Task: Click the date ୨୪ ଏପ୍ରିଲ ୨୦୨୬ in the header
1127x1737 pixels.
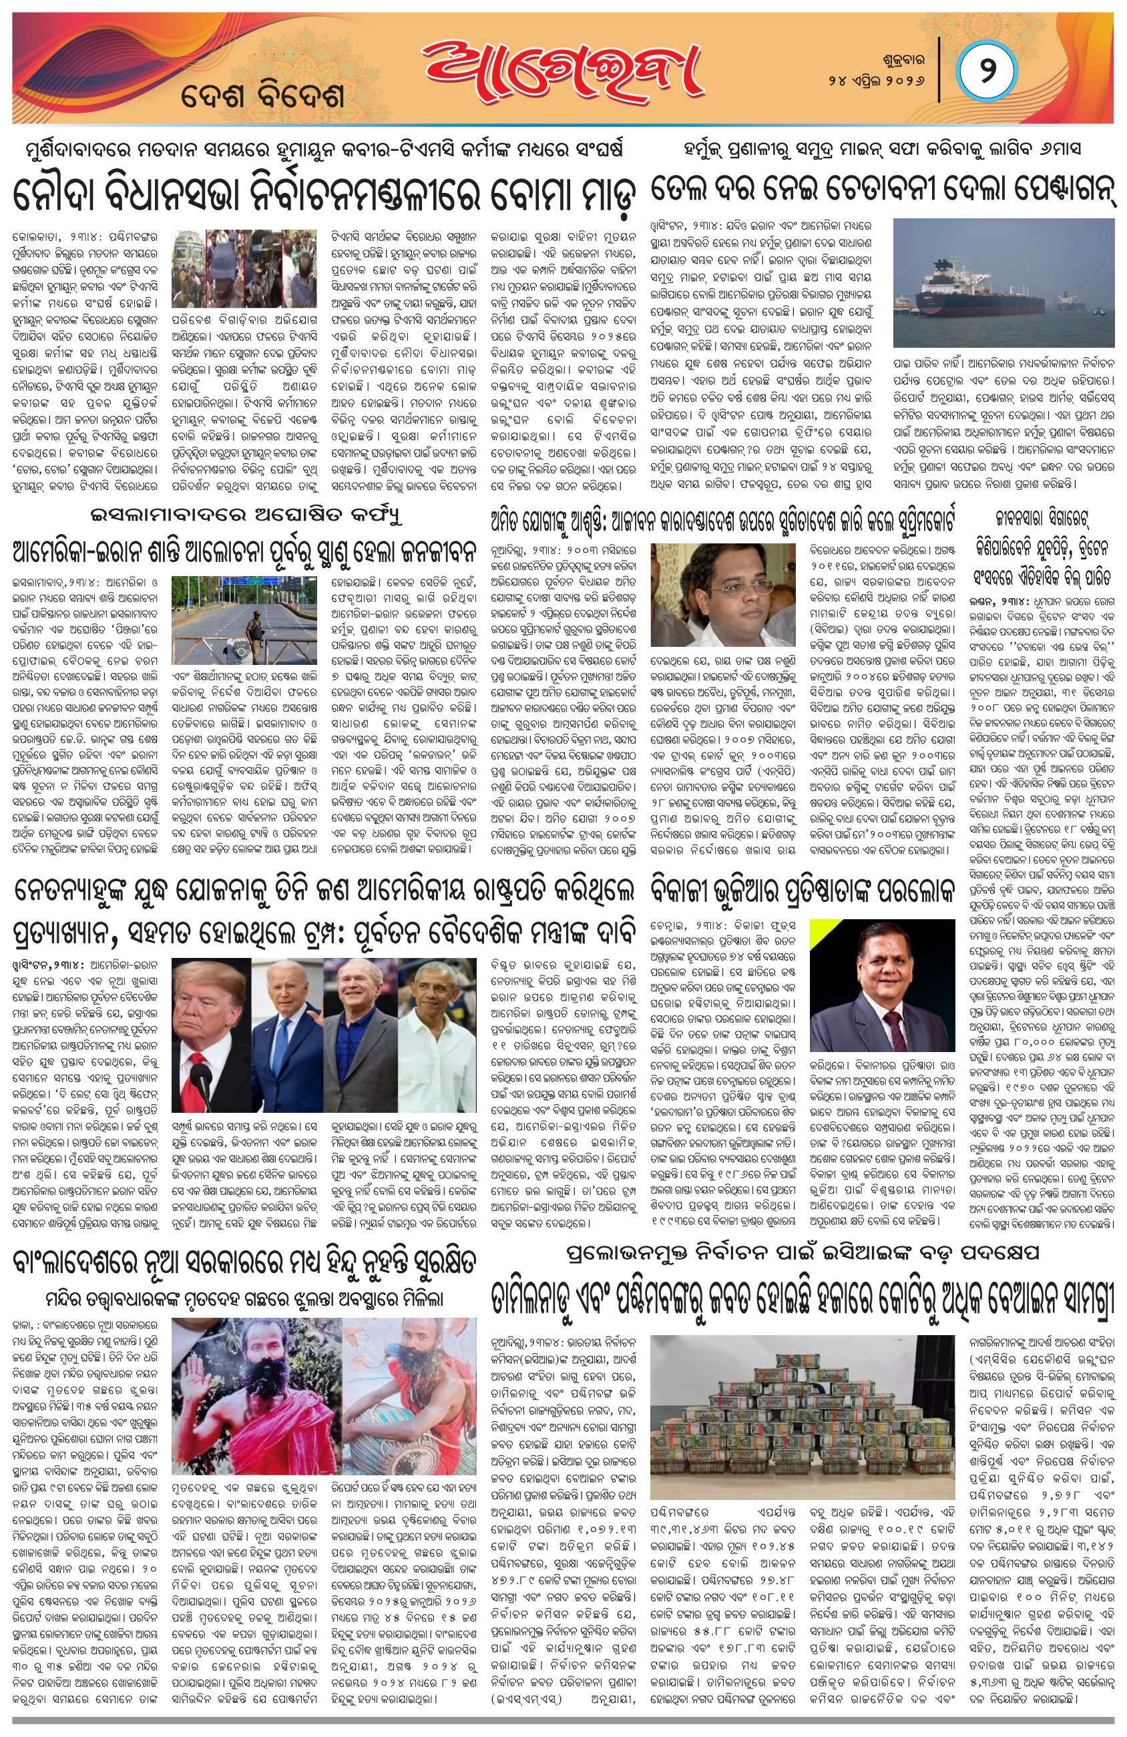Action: (x=880, y=78)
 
